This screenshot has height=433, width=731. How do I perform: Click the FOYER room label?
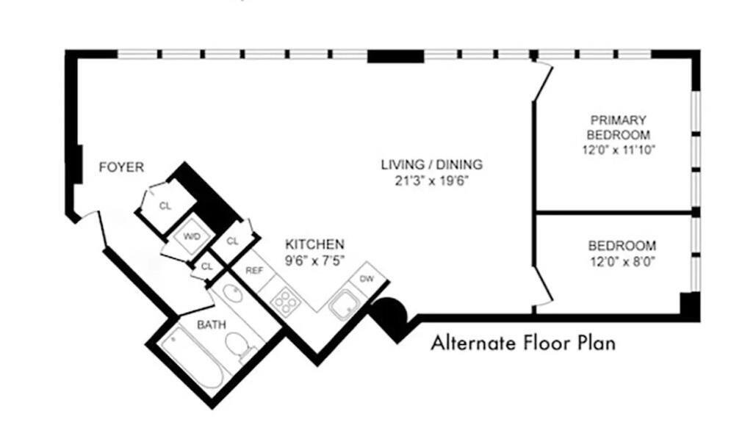(121, 168)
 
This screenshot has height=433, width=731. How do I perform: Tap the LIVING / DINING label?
(431, 164)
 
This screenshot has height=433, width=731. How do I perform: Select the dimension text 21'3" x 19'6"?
(431, 180)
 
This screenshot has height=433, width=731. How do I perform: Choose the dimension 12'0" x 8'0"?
(622, 261)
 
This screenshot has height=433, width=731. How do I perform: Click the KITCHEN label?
(314, 244)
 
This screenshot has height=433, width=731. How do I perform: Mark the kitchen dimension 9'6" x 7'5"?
(314, 259)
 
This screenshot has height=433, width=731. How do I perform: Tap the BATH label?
(211, 324)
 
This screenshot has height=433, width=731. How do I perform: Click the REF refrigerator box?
(253, 270)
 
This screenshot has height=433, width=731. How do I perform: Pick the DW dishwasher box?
(366, 279)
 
